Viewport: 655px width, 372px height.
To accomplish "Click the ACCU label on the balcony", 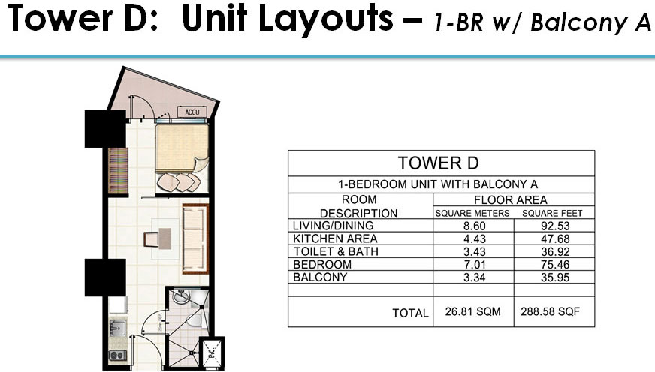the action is [192, 112].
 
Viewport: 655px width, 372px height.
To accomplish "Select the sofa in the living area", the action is [195, 239].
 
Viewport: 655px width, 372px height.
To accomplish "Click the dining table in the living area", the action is [158, 239].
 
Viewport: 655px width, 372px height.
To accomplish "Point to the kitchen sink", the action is [117, 328].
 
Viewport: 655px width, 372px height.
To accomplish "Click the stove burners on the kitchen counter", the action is [117, 355].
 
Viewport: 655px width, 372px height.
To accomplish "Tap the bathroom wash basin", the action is [181, 296].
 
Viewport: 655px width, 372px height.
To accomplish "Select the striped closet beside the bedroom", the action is [118, 170].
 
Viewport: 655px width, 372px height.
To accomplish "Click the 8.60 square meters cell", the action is [474, 226].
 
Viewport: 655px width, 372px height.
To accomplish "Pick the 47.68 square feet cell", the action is [555, 239].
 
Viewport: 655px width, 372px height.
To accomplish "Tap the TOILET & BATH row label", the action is [336, 251].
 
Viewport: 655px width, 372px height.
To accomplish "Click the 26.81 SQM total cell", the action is [473, 311].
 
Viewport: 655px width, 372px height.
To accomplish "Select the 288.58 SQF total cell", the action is [550, 311].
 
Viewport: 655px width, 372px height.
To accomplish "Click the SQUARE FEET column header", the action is [552, 214].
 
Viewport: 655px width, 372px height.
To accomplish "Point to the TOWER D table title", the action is [438, 163].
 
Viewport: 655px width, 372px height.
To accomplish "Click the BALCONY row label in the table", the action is [320, 277].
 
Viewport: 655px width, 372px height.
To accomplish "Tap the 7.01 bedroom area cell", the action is [474, 265].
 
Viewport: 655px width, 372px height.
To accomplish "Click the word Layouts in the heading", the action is [326, 19].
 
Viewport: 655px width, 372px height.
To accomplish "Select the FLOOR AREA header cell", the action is [511, 199].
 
